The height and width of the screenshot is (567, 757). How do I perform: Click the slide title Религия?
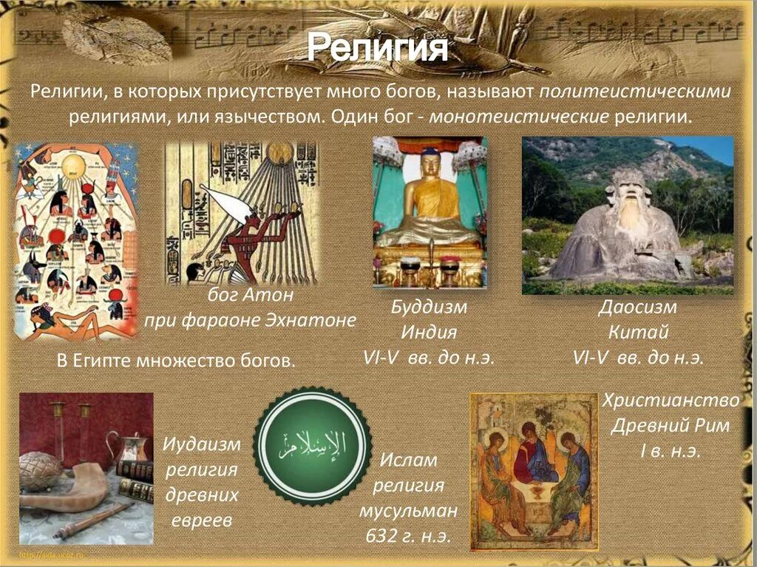point(377,48)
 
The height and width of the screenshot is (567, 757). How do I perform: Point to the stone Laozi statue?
point(627,225)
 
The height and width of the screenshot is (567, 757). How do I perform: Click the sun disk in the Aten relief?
point(279,152)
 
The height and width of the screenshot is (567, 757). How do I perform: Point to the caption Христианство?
point(671,401)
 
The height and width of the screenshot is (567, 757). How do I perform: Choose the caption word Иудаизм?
point(202,444)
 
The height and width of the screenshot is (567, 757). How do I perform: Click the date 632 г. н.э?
point(409,536)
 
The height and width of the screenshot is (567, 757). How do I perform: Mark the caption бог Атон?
point(251,295)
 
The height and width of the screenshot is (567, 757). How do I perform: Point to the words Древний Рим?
point(671,427)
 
